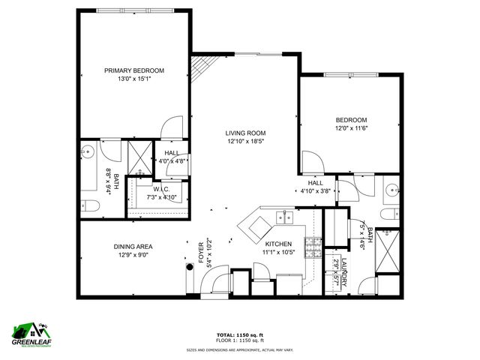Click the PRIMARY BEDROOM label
point(133,70)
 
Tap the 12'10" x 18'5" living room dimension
point(245,141)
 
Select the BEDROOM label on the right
point(351,120)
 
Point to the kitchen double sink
point(284,217)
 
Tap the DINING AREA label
point(133,247)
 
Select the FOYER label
point(200,253)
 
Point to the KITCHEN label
point(277,244)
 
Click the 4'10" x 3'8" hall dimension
point(315,190)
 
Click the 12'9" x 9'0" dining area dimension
point(133,255)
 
